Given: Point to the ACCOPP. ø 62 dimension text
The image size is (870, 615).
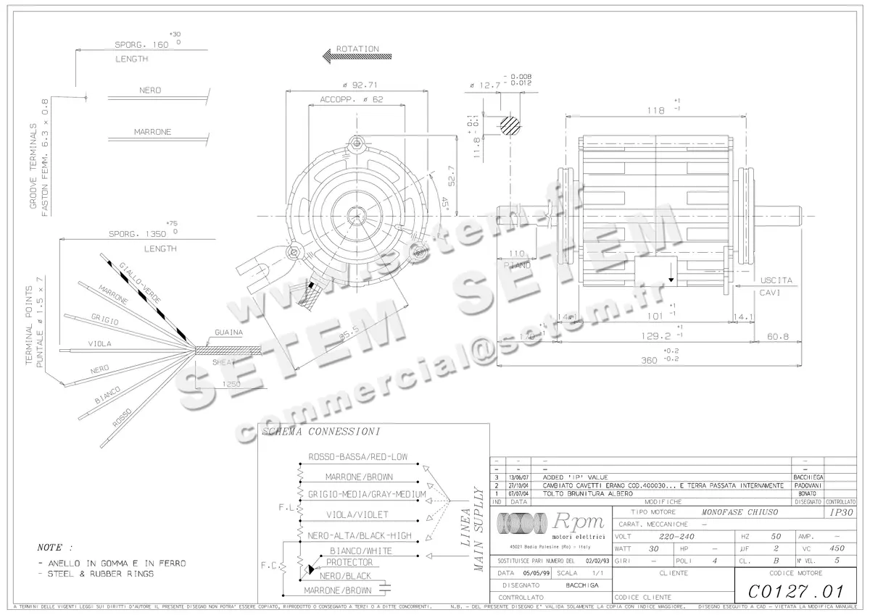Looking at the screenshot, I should [351, 100].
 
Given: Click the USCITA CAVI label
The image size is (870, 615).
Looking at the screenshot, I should [776, 285].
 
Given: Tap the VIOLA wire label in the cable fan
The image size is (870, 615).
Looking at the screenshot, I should [99, 343].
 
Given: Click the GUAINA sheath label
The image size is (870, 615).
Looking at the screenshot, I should [228, 332].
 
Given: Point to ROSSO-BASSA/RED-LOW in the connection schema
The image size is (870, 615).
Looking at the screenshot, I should [358, 457].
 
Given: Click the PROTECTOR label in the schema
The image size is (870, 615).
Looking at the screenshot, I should [349, 562].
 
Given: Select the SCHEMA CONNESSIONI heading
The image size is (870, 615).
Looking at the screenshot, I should [320, 432].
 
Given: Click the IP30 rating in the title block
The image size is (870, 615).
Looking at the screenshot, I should [841, 512].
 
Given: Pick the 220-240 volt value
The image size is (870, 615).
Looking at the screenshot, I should [678, 537].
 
